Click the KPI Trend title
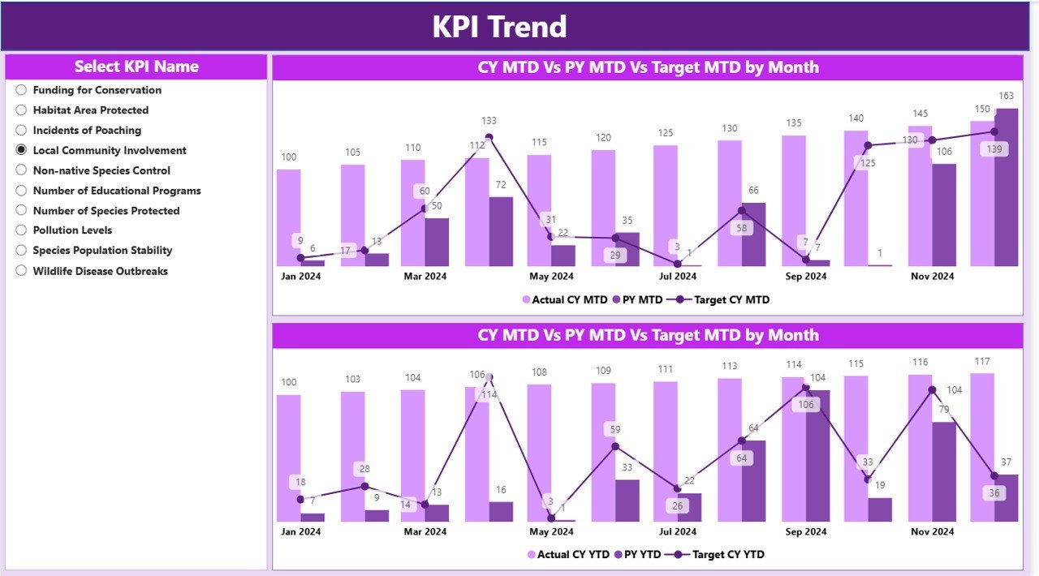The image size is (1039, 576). [x=499, y=27]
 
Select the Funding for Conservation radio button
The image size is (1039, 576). [x=22, y=90]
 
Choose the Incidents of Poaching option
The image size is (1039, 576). [x=22, y=131]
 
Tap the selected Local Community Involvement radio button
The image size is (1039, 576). [x=22, y=150]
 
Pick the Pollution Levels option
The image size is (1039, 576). [x=22, y=230]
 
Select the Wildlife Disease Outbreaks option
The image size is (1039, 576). [x=22, y=271]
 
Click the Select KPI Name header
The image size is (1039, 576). [x=136, y=67]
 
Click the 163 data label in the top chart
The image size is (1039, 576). [x=1007, y=96]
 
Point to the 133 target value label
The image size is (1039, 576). [x=489, y=121]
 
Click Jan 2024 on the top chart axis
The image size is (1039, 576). [x=300, y=276]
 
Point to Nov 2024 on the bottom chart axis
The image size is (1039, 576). [x=932, y=531]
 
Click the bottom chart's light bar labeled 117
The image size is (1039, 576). [x=982, y=447]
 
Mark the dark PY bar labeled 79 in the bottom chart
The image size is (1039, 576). [x=944, y=471]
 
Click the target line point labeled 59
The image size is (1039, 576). [x=615, y=446]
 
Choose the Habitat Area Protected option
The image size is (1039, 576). [x=22, y=110]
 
